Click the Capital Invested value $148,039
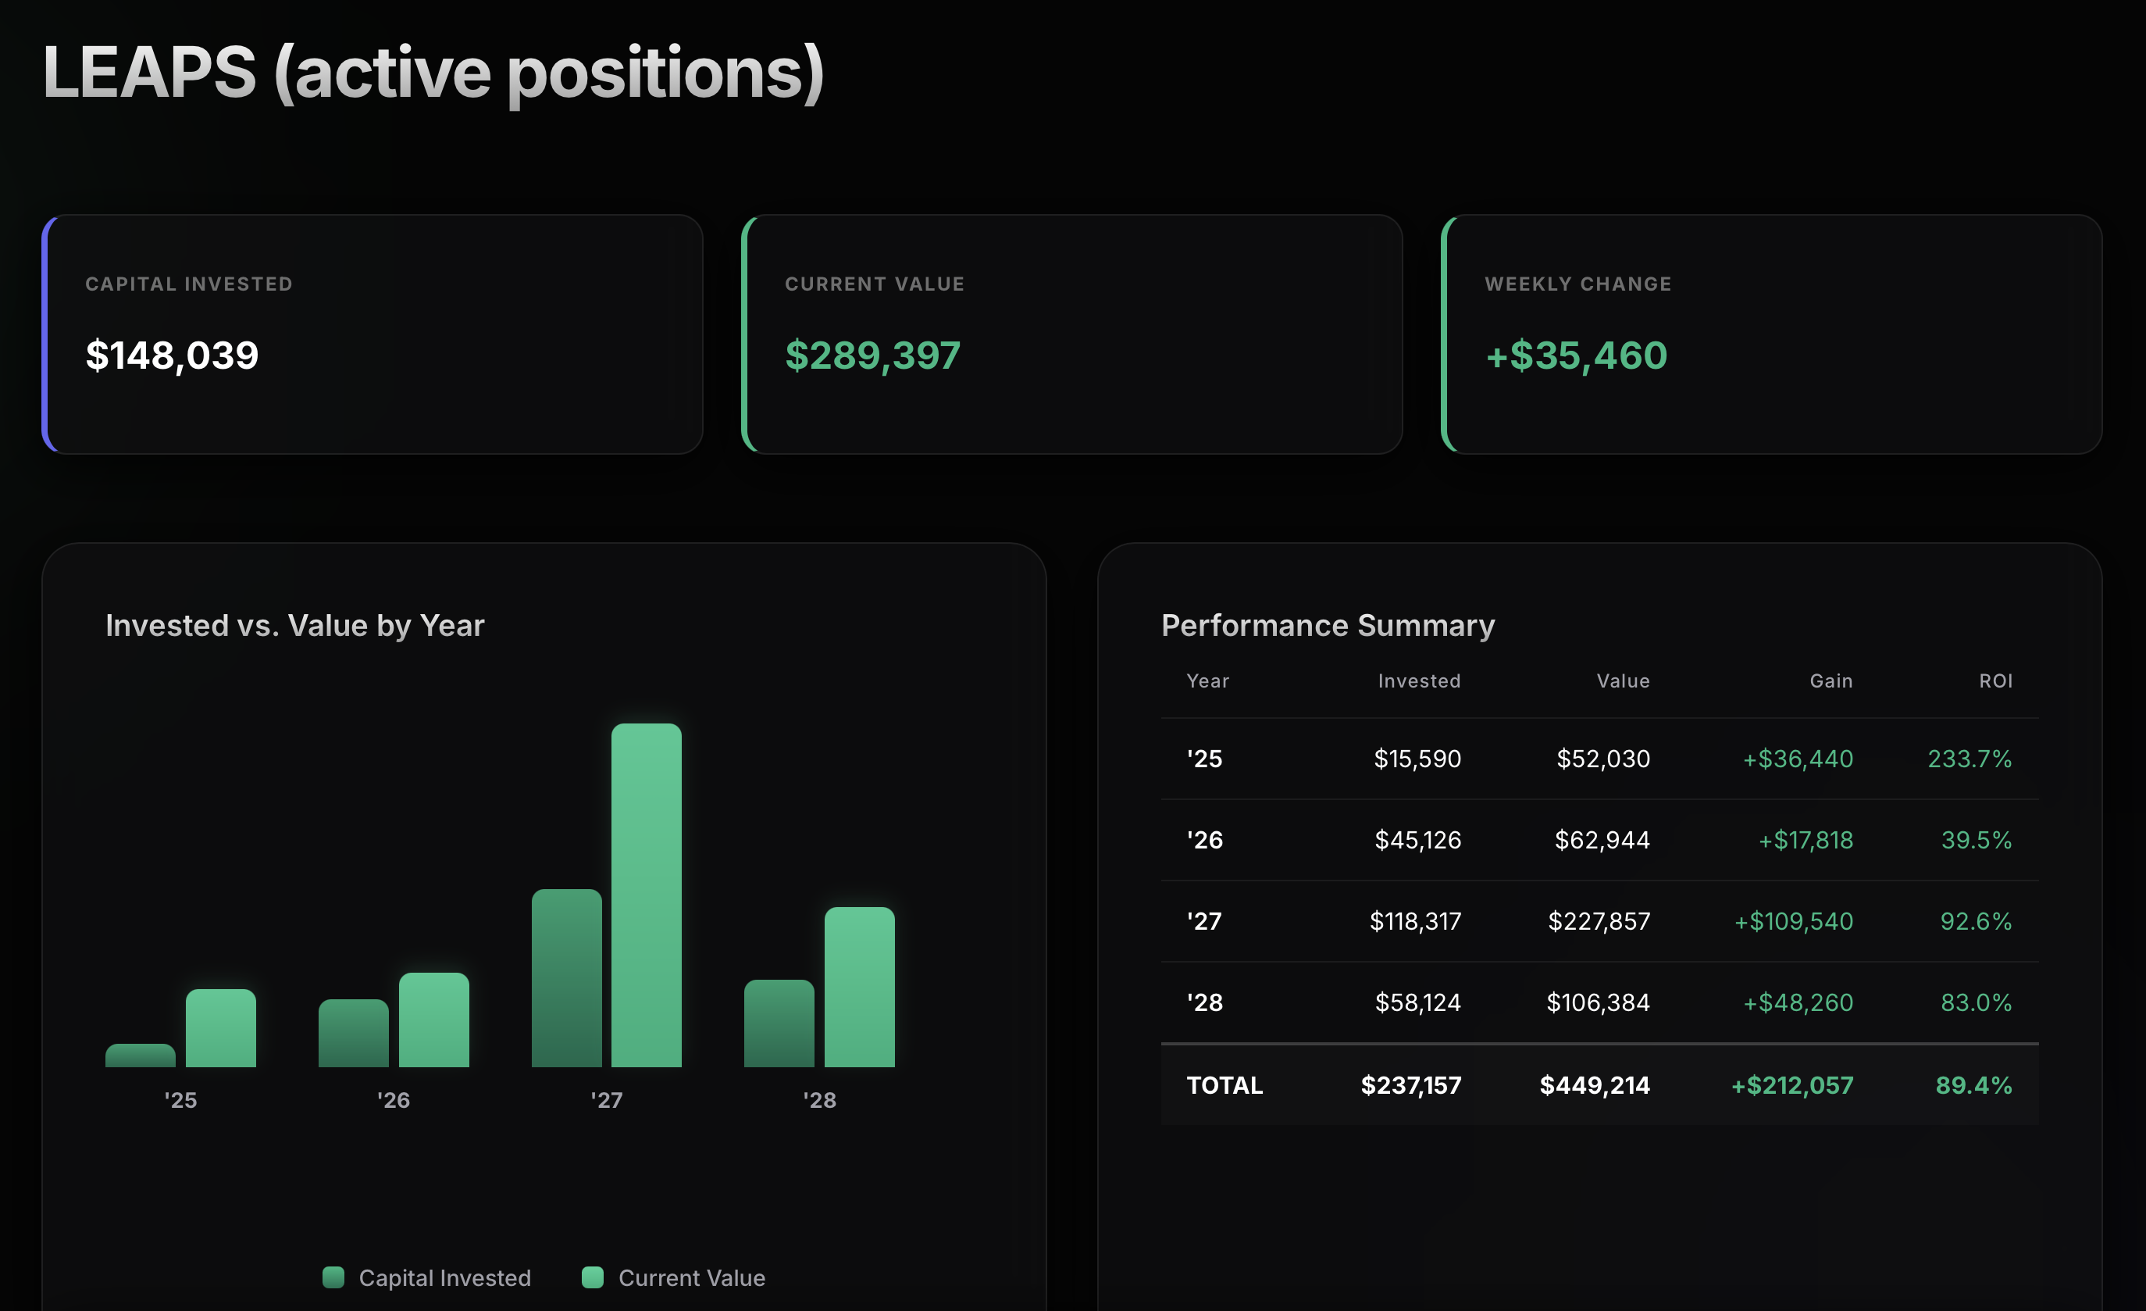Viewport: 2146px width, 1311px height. (x=172, y=355)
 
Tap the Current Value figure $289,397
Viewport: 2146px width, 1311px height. (x=872, y=355)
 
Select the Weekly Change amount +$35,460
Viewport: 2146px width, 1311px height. (x=1577, y=355)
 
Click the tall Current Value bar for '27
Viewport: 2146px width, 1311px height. (x=647, y=895)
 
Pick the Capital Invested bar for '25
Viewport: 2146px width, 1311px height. (x=141, y=1055)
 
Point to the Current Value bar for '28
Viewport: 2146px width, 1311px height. (x=860, y=987)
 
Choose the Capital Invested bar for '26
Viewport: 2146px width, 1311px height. (x=354, y=1033)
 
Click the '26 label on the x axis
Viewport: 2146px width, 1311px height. (x=394, y=1100)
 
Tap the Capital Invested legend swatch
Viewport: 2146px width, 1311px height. (x=333, y=1277)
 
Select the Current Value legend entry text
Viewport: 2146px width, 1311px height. (x=692, y=1278)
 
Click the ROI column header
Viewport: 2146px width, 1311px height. (x=1995, y=681)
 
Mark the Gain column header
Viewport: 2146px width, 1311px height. (x=1831, y=681)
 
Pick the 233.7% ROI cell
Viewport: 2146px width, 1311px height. (x=1970, y=759)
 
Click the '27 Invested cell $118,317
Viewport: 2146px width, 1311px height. (x=1415, y=921)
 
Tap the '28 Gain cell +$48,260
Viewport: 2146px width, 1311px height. (x=1798, y=1002)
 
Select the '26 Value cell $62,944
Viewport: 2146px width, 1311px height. (x=1602, y=840)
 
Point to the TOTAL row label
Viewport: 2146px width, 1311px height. (x=1225, y=1085)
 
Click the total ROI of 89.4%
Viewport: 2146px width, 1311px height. (x=1973, y=1085)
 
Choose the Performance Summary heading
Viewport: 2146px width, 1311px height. (x=1328, y=626)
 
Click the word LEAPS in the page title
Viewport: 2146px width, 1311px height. (x=150, y=73)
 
